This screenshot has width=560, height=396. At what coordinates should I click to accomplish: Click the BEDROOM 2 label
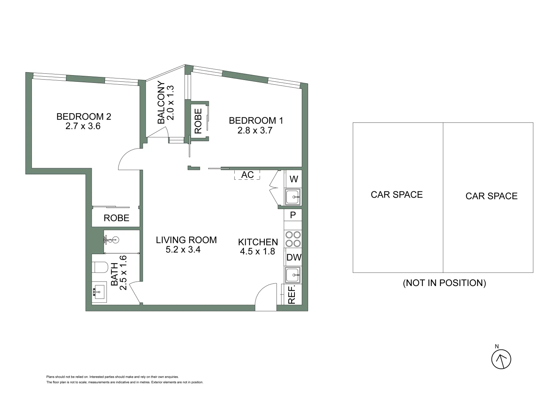pos(84,117)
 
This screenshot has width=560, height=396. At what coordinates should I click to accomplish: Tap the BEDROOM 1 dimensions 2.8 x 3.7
pos(255,130)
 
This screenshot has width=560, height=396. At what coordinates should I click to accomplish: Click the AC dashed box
pos(247,175)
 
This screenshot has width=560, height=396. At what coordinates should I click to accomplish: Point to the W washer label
pos(294,179)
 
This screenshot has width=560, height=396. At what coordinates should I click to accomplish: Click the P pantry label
pos(293,215)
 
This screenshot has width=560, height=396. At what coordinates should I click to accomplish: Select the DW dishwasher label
pos(294,257)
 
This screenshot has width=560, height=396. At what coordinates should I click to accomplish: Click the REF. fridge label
pos(292,295)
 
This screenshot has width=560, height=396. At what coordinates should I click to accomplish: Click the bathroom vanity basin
pos(99,292)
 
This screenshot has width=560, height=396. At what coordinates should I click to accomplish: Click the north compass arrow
pos(501,359)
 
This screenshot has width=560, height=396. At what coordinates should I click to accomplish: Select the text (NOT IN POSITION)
pos(444,283)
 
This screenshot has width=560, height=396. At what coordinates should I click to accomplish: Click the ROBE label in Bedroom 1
pos(198,121)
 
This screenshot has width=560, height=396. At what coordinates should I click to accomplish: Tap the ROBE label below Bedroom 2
pos(116,218)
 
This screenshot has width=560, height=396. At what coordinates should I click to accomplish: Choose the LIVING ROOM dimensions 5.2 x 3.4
pos(183,250)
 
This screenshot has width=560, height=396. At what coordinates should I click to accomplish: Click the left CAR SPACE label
pos(397,194)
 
